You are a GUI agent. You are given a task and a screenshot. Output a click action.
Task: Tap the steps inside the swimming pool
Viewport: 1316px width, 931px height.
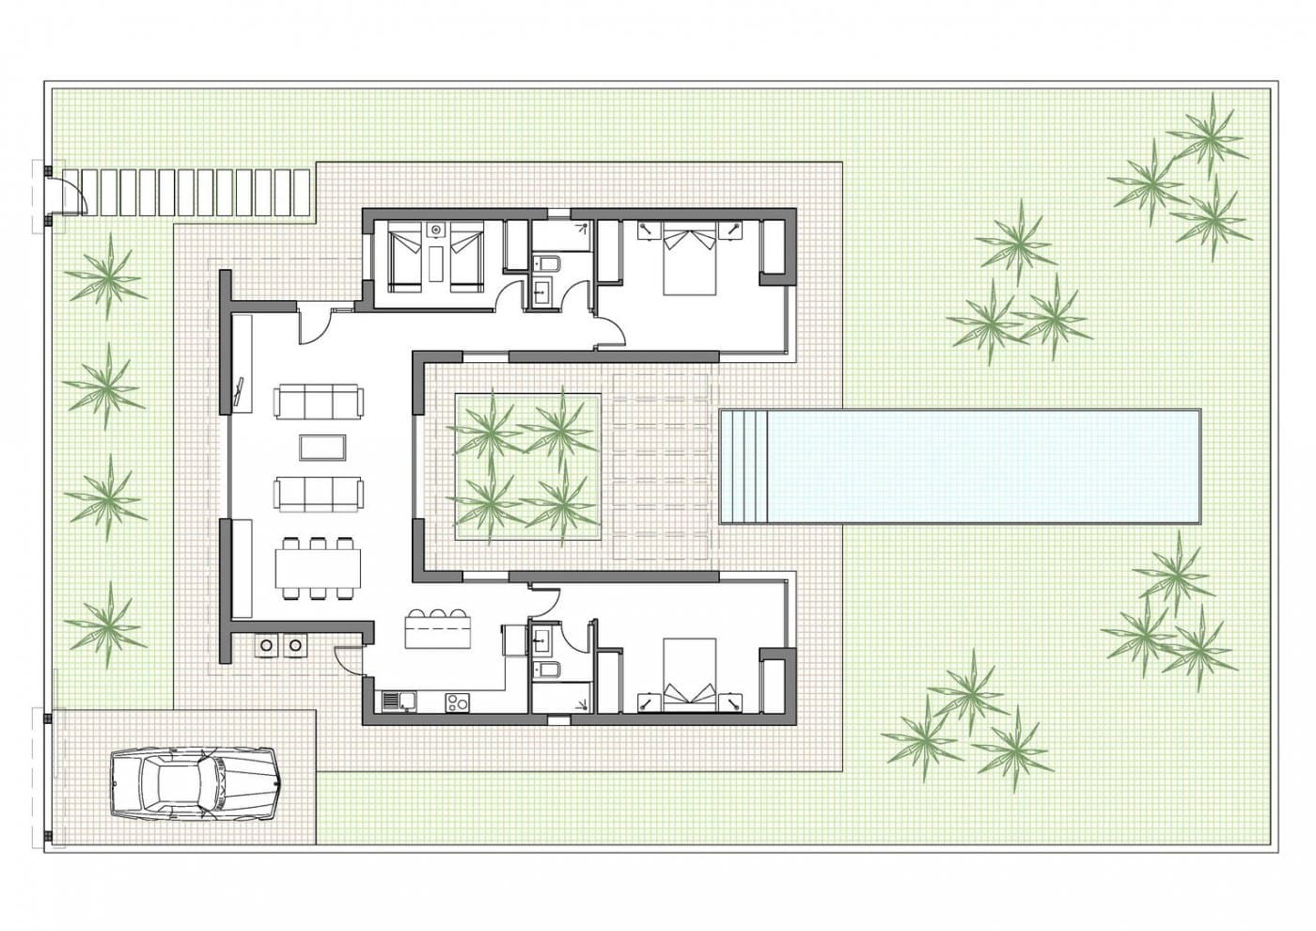744,465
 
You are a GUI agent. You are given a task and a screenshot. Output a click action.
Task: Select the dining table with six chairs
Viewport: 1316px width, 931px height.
318,568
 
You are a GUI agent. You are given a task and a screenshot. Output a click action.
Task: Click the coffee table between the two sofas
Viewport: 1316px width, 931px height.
318,448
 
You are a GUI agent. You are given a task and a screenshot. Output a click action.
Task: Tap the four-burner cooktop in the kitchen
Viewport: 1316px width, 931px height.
457,701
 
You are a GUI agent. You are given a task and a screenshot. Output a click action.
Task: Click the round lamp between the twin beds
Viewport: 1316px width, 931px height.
437,229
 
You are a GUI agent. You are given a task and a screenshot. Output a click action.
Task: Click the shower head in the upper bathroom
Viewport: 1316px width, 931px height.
584,228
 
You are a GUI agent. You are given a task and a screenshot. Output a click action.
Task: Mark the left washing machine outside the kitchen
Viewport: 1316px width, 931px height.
267,645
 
